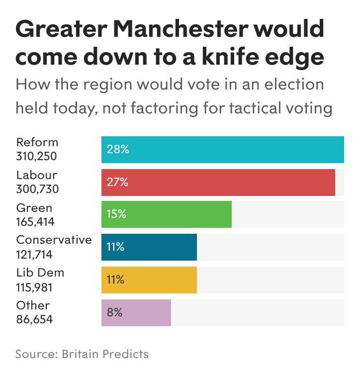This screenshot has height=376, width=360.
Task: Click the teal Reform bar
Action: pos(222,150)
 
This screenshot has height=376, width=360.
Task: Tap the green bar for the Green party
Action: pos(166,214)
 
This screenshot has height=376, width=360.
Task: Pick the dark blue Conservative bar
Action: pos(149,247)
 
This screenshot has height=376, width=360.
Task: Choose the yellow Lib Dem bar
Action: pos(149,280)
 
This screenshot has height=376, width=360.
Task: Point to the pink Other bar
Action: pos(136,313)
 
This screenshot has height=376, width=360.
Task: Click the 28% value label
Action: pos(117,150)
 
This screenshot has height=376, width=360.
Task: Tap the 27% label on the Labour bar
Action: pos(117,183)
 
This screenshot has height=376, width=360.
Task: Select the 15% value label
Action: pos(116,214)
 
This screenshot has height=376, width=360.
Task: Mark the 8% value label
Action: pos(114,313)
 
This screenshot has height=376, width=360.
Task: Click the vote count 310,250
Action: pos(37,156)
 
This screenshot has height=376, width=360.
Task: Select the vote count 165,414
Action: pos(35,222)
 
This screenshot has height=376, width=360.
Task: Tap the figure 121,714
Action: pos(34,255)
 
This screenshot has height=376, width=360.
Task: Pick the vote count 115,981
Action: pos(34,287)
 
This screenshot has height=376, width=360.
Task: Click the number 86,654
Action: pos(34,320)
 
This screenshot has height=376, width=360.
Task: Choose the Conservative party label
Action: pos(54,240)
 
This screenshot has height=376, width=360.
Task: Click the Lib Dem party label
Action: pos(40,273)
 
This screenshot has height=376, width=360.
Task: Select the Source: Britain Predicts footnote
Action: pos(82,354)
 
